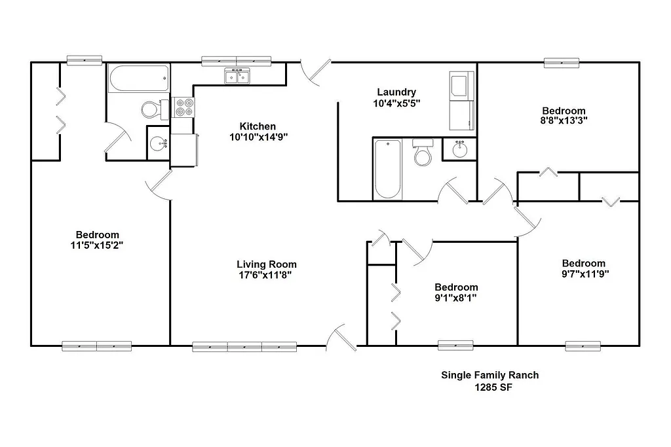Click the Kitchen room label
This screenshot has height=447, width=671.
coord(258,126)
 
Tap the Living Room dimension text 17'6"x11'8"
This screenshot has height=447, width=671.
coord(262,275)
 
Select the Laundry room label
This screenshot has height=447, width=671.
coord(396,92)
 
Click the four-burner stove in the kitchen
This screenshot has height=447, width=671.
coord(183,107)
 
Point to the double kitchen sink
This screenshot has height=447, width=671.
coord(237,77)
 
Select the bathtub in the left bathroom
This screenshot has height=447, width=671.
coord(138,79)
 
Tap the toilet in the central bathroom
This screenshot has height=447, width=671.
coord(423,153)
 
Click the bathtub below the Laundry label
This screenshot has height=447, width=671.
coord(387,169)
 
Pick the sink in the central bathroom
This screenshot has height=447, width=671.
coord(459,150)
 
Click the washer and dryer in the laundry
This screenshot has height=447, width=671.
coord(461,101)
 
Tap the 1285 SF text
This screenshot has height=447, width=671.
coord(489,387)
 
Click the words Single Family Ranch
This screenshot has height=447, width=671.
coord(489,375)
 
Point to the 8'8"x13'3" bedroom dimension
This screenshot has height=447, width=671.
coord(564,121)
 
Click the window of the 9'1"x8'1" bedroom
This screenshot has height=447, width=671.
coord(455,345)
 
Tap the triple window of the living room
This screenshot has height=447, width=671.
coord(244,347)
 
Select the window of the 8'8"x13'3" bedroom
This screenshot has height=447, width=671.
coord(562,63)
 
